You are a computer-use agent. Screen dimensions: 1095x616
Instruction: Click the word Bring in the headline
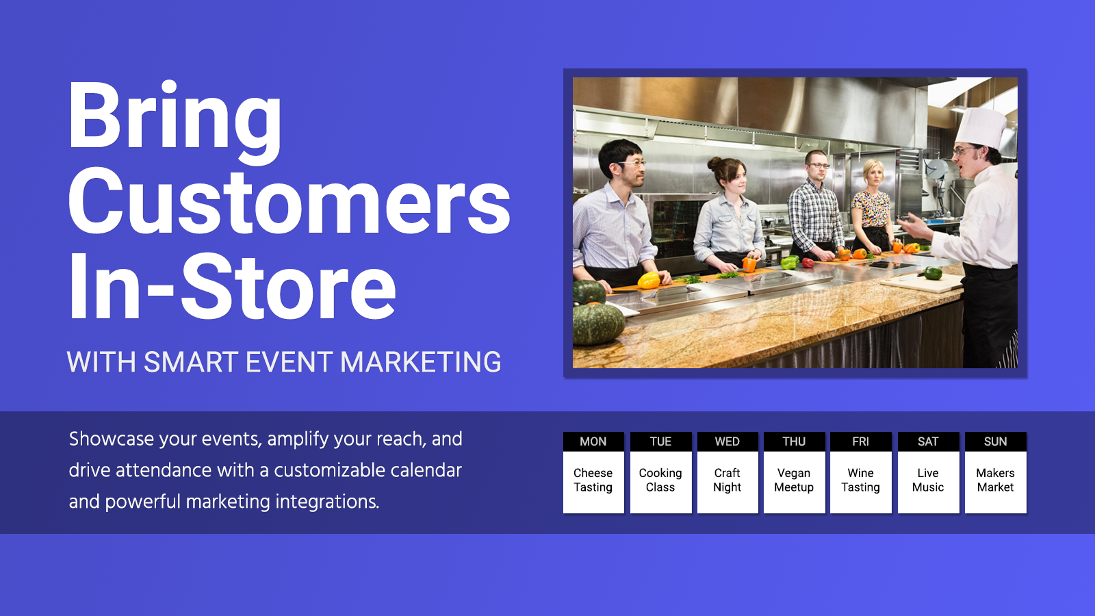point(175,123)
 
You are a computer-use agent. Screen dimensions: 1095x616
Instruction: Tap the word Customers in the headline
point(289,202)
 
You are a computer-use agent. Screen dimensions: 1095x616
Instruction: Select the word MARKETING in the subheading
point(420,362)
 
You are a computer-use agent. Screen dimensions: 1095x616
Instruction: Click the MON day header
point(593,441)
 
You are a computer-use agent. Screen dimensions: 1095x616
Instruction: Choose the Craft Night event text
point(727,480)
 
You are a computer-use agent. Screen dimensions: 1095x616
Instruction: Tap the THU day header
point(794,441)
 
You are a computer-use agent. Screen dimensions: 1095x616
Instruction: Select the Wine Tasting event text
point(860,480)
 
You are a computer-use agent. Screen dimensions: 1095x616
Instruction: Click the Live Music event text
point(928,480)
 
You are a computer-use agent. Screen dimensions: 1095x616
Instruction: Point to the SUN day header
point(995,441)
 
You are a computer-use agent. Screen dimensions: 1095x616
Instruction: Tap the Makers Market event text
point(995,480)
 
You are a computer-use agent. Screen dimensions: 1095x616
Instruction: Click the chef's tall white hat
point(980,128)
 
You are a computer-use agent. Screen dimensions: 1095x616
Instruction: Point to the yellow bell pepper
point(649,280)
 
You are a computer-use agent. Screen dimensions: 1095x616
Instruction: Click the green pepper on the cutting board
point(933,273)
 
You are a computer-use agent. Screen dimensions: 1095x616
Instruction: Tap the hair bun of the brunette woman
point(714,163)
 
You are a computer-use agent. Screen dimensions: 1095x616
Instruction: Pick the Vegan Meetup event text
point(794,480)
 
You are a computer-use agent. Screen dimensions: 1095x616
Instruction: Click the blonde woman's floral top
point(871,209)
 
